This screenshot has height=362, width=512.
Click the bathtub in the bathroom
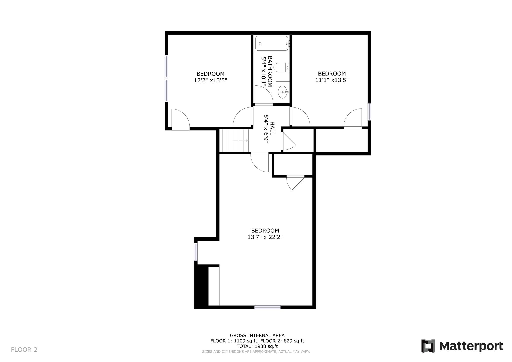[x=272, y=43]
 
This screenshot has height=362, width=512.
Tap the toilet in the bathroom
[x=281, y=67]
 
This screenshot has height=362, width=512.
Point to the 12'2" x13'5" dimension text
[x=210, y=80]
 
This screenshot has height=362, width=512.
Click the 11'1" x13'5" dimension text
[x=332, y=80]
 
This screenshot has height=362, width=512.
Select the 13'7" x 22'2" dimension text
[x=265, y=237]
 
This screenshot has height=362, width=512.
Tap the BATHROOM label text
[x=270, y=71]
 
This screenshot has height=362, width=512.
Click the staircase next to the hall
[x=234, y=140]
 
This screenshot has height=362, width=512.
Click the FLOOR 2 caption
[x=24, y=349]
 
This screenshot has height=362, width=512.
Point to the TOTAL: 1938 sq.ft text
[x=257, y=346]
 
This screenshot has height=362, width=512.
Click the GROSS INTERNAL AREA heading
[x=257, y=335]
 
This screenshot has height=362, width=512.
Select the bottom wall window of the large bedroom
[x=268, y=307]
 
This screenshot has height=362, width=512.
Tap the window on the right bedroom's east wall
[x=369, y=112]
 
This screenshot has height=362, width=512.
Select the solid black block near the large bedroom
[x=201, y=287]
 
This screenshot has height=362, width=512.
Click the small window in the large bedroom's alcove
[x=196, y=252]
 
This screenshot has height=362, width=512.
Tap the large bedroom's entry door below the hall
[x=260, y=162]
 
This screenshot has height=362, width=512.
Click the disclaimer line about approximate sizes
[x=256, y=352]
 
